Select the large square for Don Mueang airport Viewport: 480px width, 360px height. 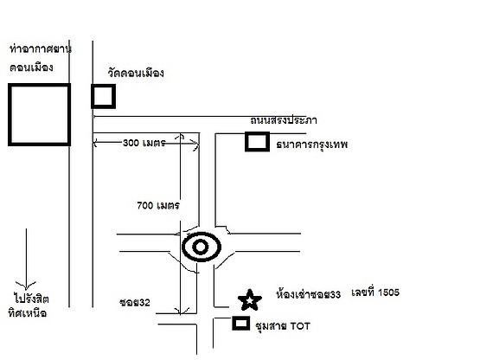[10, 114]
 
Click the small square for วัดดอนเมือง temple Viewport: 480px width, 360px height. [93, 96]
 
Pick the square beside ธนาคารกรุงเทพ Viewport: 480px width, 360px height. [246, 142]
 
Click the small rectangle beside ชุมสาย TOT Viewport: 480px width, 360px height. [234, 324]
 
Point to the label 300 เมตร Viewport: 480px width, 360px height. [144, 143]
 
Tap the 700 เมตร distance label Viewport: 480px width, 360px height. [158, 205]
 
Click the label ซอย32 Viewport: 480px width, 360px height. [135, 302]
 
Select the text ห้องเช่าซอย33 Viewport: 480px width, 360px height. [308, 294]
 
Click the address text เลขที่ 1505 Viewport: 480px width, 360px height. [375, 292]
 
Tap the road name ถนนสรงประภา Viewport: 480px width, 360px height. [284, 120]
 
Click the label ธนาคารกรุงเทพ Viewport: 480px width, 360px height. [312, 145]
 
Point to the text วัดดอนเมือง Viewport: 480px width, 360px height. [136, 73]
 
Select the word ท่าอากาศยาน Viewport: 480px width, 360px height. [41, 48]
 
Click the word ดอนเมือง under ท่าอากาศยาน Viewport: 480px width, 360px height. [31, 67]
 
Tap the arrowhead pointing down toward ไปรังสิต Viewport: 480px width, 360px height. [26, 285]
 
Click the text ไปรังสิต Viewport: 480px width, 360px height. [31, 298]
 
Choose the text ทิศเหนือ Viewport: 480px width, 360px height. [28, 313]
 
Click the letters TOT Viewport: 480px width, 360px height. [300, 326]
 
